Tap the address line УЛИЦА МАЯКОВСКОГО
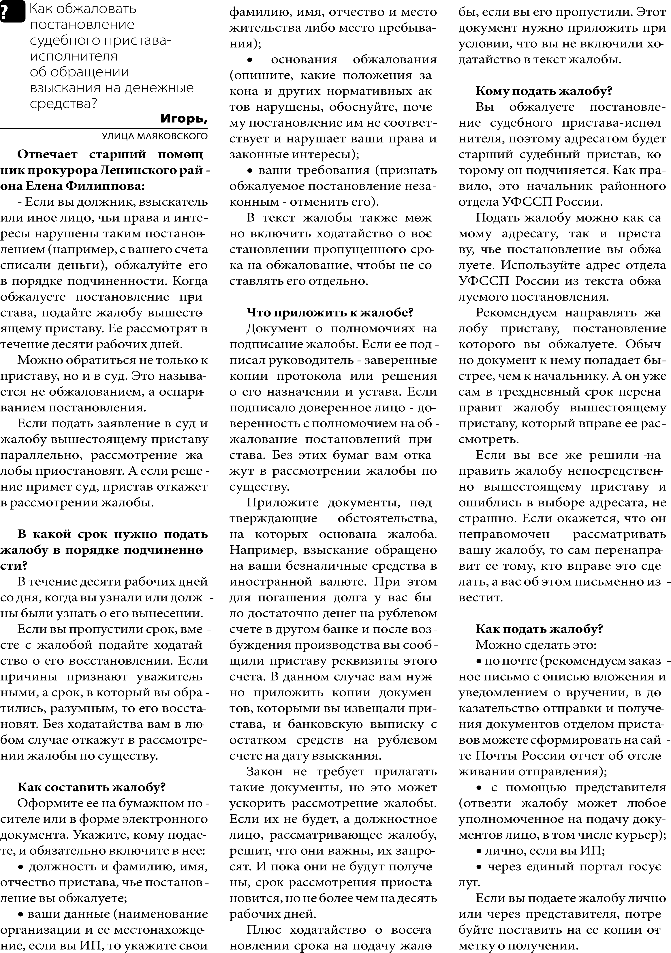coord(154,136)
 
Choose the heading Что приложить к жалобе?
coord(330,313)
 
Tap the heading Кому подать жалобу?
coord(544,91)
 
